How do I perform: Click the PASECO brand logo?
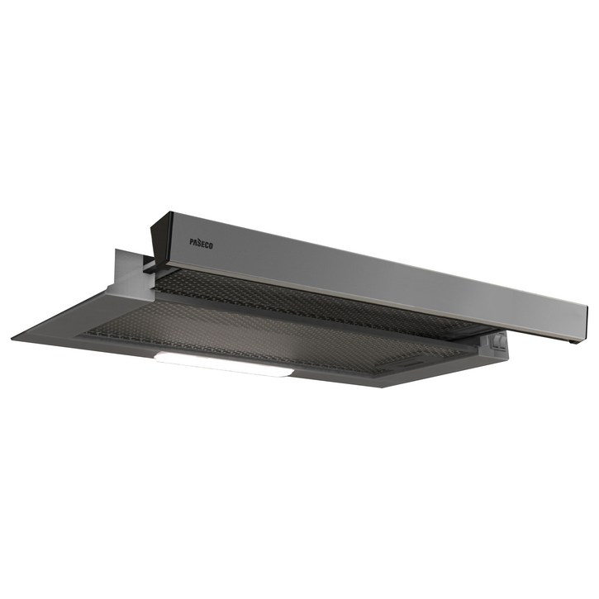[x=202, y=244]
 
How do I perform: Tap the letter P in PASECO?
[x=192, y=241]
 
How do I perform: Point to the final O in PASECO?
[x=212, y=246]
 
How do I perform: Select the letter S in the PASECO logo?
[x=200, y=242]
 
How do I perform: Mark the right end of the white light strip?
[x=293, y=373]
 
